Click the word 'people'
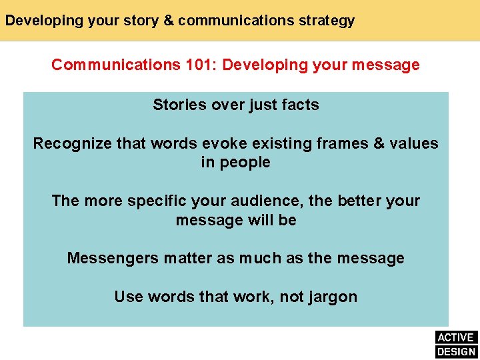coord(247,163)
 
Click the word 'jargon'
coord(332,297)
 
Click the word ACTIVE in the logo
coord(456,337)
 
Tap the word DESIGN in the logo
coord(456,352)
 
